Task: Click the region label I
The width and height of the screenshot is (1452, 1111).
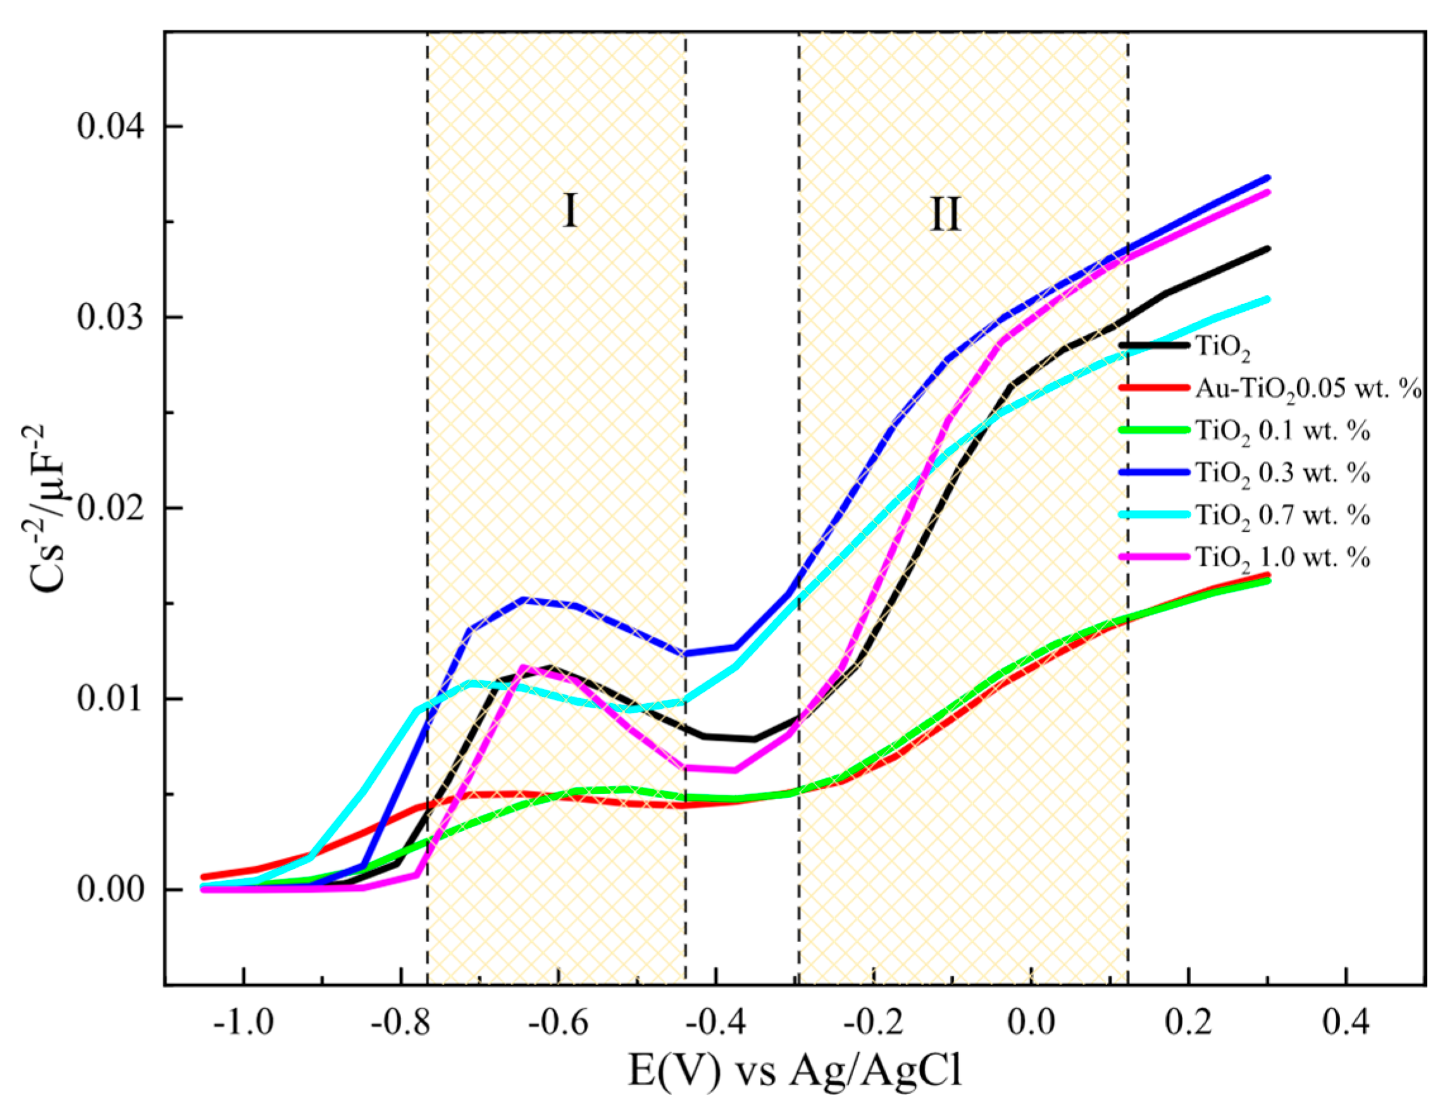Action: (x=569, y=211)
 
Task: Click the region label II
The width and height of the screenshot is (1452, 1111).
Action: (x=944, y=214)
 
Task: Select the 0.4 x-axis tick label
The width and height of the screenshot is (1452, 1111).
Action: (x=1347, y=1022)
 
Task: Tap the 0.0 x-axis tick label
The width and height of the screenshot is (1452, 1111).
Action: (x=1031, y=1022)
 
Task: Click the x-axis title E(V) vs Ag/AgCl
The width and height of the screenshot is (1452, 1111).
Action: (x=795, y=1071)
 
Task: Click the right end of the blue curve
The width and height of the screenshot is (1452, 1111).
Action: (x=1267, y=178)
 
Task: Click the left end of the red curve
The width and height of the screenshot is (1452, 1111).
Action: (x=203, y=877)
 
